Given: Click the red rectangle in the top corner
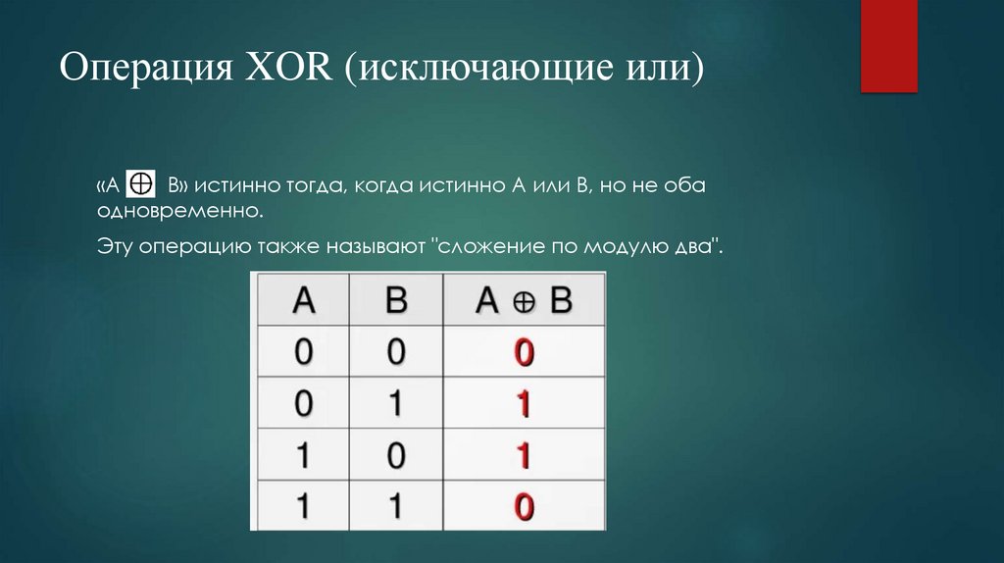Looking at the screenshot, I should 888,45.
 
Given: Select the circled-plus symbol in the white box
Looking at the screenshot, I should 143,183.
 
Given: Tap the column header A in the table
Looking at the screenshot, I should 303,300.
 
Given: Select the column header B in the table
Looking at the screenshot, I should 396,300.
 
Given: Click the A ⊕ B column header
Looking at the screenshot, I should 524,300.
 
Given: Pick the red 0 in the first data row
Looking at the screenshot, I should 525,353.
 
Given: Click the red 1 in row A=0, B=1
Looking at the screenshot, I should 525,403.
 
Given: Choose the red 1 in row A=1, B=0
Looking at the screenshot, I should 525,455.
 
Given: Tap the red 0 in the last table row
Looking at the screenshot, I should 525,506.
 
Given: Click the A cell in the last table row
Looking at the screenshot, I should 303,506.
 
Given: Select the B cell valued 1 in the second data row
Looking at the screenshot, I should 396,403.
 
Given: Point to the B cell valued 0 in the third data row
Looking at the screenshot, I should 396,455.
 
